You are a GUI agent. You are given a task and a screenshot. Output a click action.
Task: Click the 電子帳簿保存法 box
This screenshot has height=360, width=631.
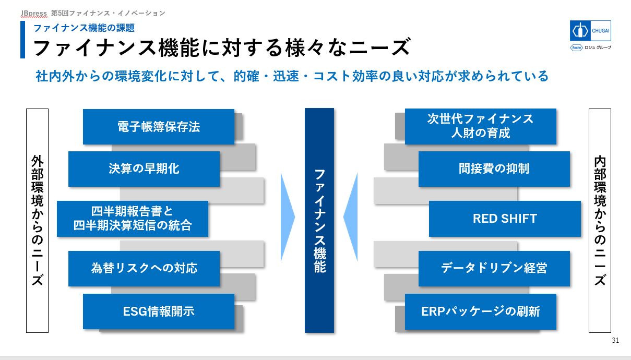click(x=158, y=127)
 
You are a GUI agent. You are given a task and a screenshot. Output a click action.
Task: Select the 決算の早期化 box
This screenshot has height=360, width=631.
click(x=144, y=169)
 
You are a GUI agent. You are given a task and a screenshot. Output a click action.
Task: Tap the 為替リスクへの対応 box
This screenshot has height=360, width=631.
click(x=144, y=269)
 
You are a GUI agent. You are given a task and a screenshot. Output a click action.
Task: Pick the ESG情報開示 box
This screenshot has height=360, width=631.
click(x=158, y=311)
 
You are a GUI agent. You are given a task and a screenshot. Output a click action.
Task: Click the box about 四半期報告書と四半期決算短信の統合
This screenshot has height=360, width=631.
click(x=133, y=219)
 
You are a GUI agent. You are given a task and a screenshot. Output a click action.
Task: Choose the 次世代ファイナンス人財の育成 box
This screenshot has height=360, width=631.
click(x=480, y=126)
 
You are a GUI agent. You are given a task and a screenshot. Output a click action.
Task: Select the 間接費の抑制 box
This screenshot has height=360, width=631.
click(x=494, y=169)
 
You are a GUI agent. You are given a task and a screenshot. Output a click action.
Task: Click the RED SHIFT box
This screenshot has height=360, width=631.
click(x=505, y=219)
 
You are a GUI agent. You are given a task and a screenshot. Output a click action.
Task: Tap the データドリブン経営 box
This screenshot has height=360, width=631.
click(x=494, y=269)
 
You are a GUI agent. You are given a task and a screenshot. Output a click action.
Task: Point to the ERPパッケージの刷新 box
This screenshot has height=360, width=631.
click(x=480, y=311)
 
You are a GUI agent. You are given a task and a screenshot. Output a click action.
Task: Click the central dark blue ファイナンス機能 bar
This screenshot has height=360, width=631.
click(x=319, y=220)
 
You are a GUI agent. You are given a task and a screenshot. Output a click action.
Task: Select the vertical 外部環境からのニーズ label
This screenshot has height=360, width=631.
click(x=37, y=220)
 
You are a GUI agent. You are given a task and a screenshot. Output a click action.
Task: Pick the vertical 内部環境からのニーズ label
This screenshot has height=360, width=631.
click(x=600, y=220)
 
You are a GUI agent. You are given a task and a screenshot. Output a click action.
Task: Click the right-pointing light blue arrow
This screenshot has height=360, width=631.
click(x=287, y=217)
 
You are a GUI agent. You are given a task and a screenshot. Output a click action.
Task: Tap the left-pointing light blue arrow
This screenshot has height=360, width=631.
click(x=351, y=217)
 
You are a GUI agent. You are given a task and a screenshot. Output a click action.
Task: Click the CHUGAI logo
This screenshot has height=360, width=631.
click(x=590, y=31)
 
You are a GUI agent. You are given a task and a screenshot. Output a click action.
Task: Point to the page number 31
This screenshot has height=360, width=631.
click(x=615, y=340)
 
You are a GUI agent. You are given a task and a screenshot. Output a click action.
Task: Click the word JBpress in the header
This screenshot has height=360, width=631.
click(x=34, y=13)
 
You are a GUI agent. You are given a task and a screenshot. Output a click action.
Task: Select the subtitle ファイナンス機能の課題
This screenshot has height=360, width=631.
click(x=84, y=28)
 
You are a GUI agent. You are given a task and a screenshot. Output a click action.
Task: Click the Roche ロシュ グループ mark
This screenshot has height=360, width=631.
click(x=590, y=47)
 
